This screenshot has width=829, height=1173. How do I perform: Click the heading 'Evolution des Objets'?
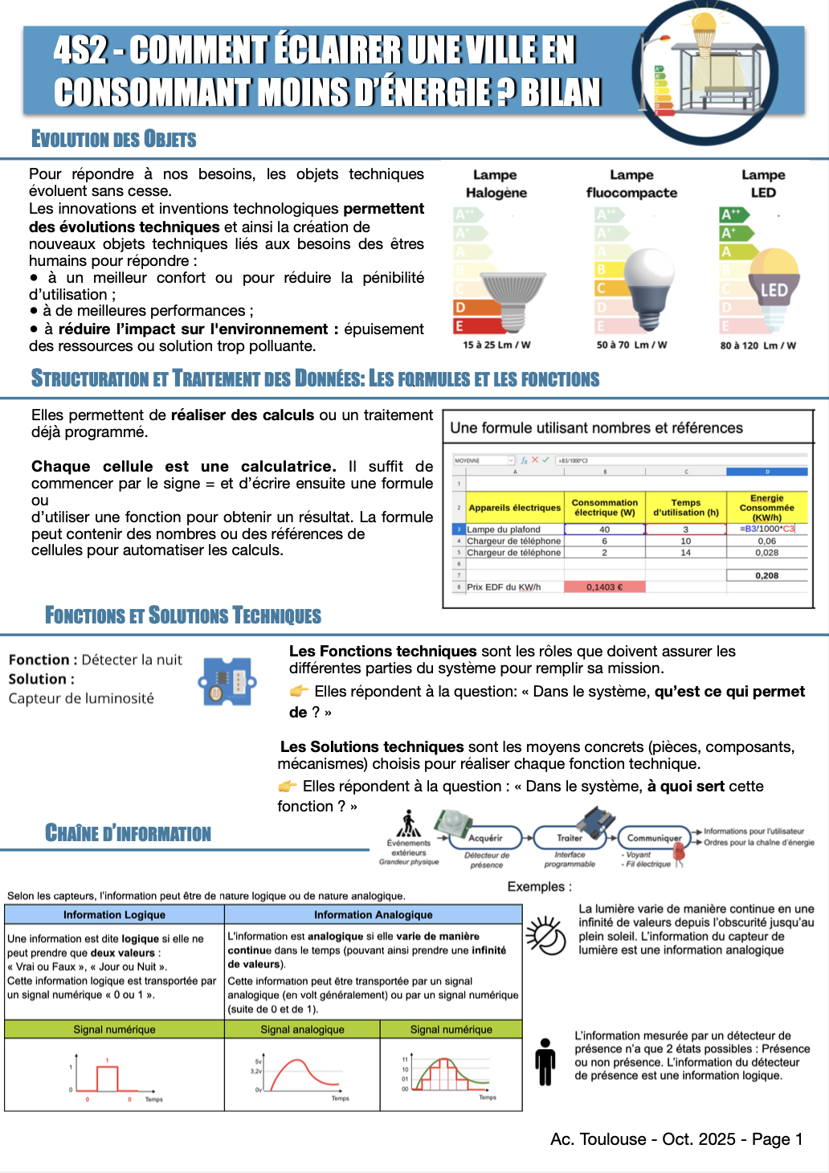point(113,139)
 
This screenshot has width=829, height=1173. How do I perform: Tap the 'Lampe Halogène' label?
point(496,184)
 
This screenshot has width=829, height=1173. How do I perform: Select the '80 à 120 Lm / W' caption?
point(758,345)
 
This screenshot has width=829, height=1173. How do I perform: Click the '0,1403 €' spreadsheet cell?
point(604,587)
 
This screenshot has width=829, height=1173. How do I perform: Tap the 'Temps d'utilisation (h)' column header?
point(685,507)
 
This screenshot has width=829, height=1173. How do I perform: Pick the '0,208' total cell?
point(766,575)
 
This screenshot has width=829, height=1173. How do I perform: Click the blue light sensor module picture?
point(227,682)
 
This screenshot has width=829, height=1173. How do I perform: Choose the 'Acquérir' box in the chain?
point(486,838)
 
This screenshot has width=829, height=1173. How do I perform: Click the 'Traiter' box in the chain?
point(570,838)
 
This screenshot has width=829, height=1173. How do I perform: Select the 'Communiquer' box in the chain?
point(654,838)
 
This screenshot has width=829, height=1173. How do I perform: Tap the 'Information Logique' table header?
point(114,914)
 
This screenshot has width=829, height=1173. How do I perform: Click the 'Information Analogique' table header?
point(373,914)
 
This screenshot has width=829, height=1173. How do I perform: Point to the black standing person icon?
point(545,1061)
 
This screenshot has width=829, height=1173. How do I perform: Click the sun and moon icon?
point(546,935)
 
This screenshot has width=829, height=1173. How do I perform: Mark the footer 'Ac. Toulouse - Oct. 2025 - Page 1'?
point(676,1139)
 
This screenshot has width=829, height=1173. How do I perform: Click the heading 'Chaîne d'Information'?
point(128,833)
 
